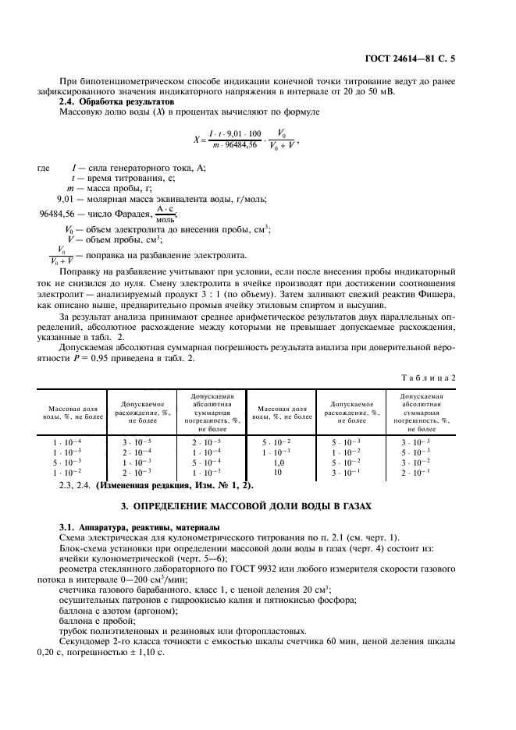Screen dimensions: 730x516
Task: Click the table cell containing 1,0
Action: [x=276, y=462]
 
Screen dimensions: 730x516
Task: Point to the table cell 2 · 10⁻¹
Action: [x=416, y=473]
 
